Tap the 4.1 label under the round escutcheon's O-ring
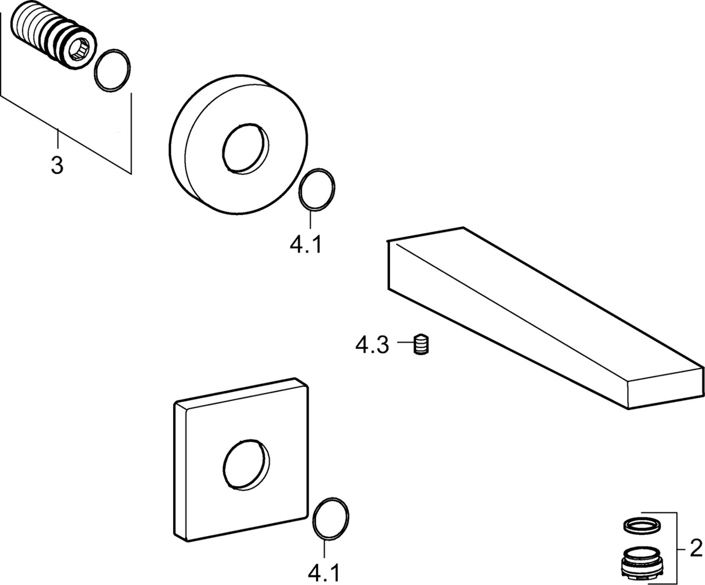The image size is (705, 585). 306,245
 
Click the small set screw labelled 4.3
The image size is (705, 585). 421,344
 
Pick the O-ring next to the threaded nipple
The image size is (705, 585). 112,70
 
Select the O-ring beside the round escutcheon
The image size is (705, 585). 317,190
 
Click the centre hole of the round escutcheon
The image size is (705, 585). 246,149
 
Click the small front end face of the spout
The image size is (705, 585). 665,388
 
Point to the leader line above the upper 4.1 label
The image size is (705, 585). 310,220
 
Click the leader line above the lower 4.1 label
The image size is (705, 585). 324,548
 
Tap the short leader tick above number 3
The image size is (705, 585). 58,139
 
